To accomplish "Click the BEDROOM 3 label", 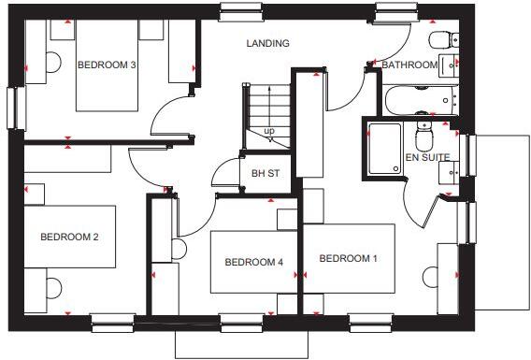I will click(107, 65).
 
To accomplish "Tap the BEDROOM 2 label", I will click(69, 238).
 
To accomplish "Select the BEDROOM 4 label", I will click(253, 263).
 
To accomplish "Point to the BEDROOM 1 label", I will click(348, 258).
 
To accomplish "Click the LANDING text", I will click(267, 43).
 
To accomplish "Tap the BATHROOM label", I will click(409, 65).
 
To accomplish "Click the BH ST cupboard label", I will click(265, 173).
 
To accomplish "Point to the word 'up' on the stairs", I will click(269, 130).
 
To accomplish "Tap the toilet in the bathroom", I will click(439, 39).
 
